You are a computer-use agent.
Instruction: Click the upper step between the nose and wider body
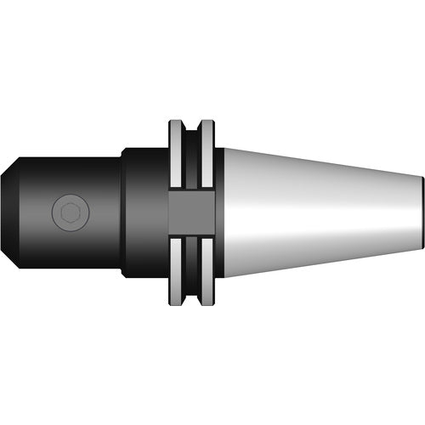tap(121, 154)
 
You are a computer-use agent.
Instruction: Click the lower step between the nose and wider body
tap(121, 272)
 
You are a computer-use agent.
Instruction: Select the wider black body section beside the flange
tap(144, 212)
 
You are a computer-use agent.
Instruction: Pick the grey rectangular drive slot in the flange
tap(190, 212)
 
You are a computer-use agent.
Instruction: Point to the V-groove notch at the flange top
tap(191, 127)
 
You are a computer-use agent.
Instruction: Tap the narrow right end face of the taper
tap(422, 212)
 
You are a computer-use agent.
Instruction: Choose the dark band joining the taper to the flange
tap(218, 212)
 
